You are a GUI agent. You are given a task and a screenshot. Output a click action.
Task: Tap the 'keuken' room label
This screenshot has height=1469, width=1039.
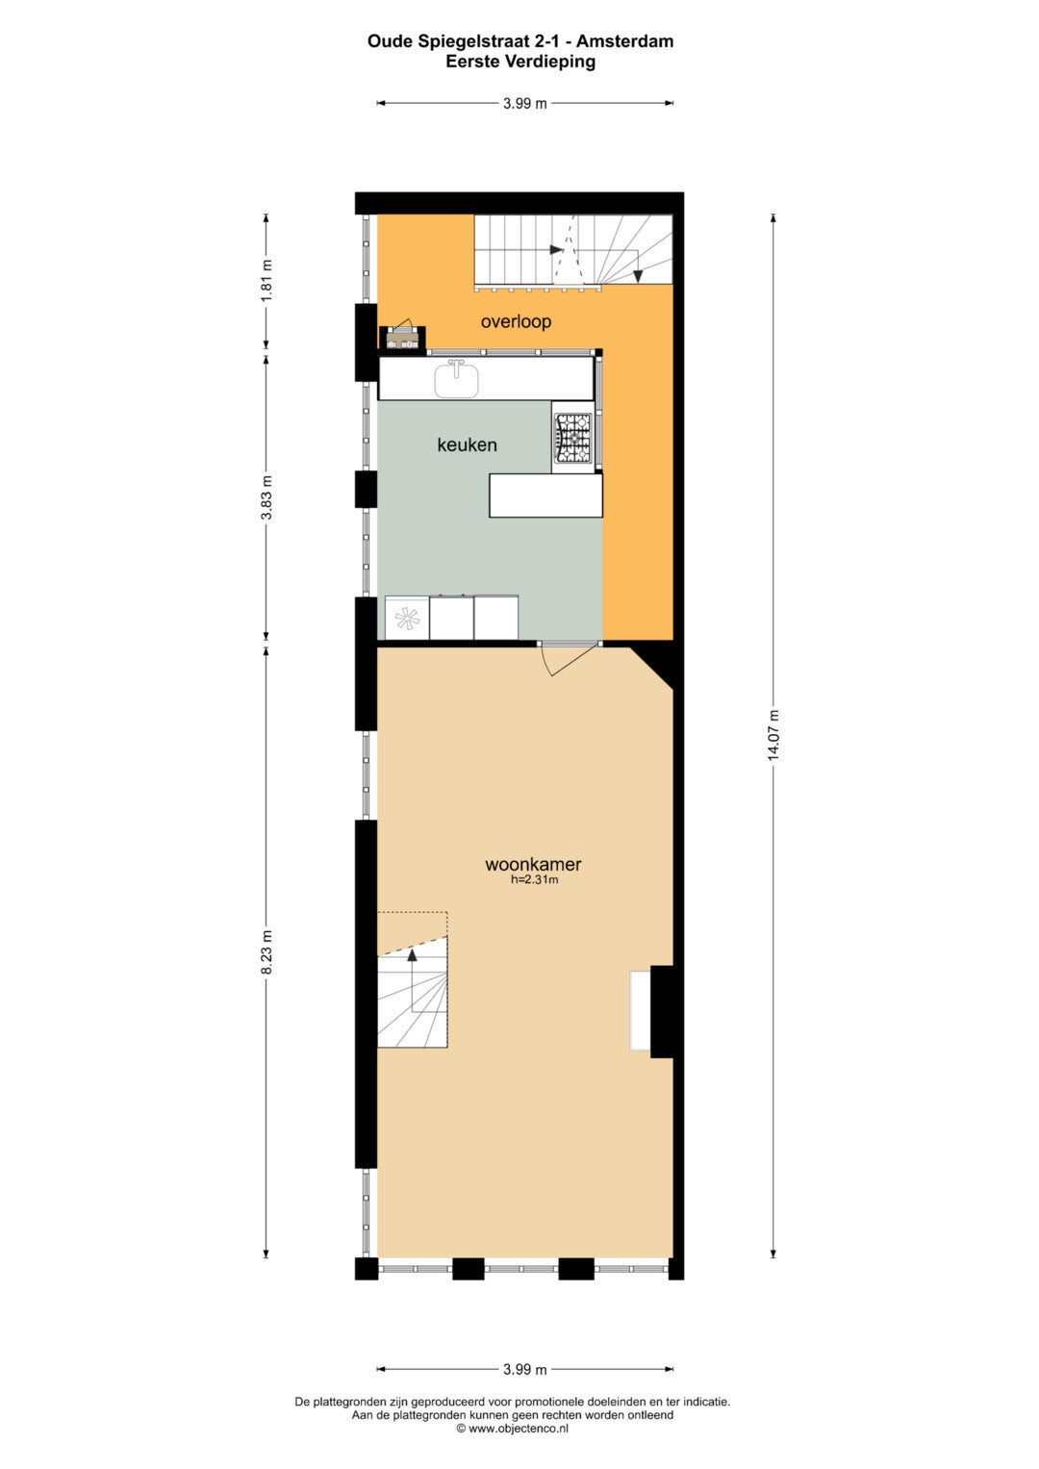467,444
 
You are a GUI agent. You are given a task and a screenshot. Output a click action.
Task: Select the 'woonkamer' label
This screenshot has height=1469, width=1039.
533,864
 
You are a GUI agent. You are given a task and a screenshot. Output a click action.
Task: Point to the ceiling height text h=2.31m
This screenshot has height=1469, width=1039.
535,880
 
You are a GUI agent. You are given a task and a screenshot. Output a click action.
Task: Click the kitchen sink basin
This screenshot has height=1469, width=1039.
457,378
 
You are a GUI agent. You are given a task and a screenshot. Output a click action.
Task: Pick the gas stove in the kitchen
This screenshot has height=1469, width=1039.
572,438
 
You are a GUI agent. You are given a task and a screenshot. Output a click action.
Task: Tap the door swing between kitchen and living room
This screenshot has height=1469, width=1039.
568,659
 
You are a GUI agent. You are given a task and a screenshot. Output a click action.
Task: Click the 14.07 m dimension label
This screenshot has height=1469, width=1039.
773,735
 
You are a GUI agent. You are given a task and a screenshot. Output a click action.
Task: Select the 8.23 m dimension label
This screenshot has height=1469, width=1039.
266,952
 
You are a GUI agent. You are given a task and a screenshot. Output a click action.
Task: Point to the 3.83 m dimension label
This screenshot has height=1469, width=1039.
266,497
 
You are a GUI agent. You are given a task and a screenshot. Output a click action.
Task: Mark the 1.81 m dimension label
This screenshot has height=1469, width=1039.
266,281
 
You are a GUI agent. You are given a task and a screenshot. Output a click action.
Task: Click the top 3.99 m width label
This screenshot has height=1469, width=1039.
524,103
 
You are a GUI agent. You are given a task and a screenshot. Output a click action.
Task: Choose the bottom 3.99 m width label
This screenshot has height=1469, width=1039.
524,1369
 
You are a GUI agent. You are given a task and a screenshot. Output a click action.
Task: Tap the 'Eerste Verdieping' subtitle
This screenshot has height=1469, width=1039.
520,62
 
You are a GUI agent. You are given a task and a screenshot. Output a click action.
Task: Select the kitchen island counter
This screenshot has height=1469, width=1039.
545,495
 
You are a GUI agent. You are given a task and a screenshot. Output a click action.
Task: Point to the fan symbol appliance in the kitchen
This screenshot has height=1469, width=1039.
407,618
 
